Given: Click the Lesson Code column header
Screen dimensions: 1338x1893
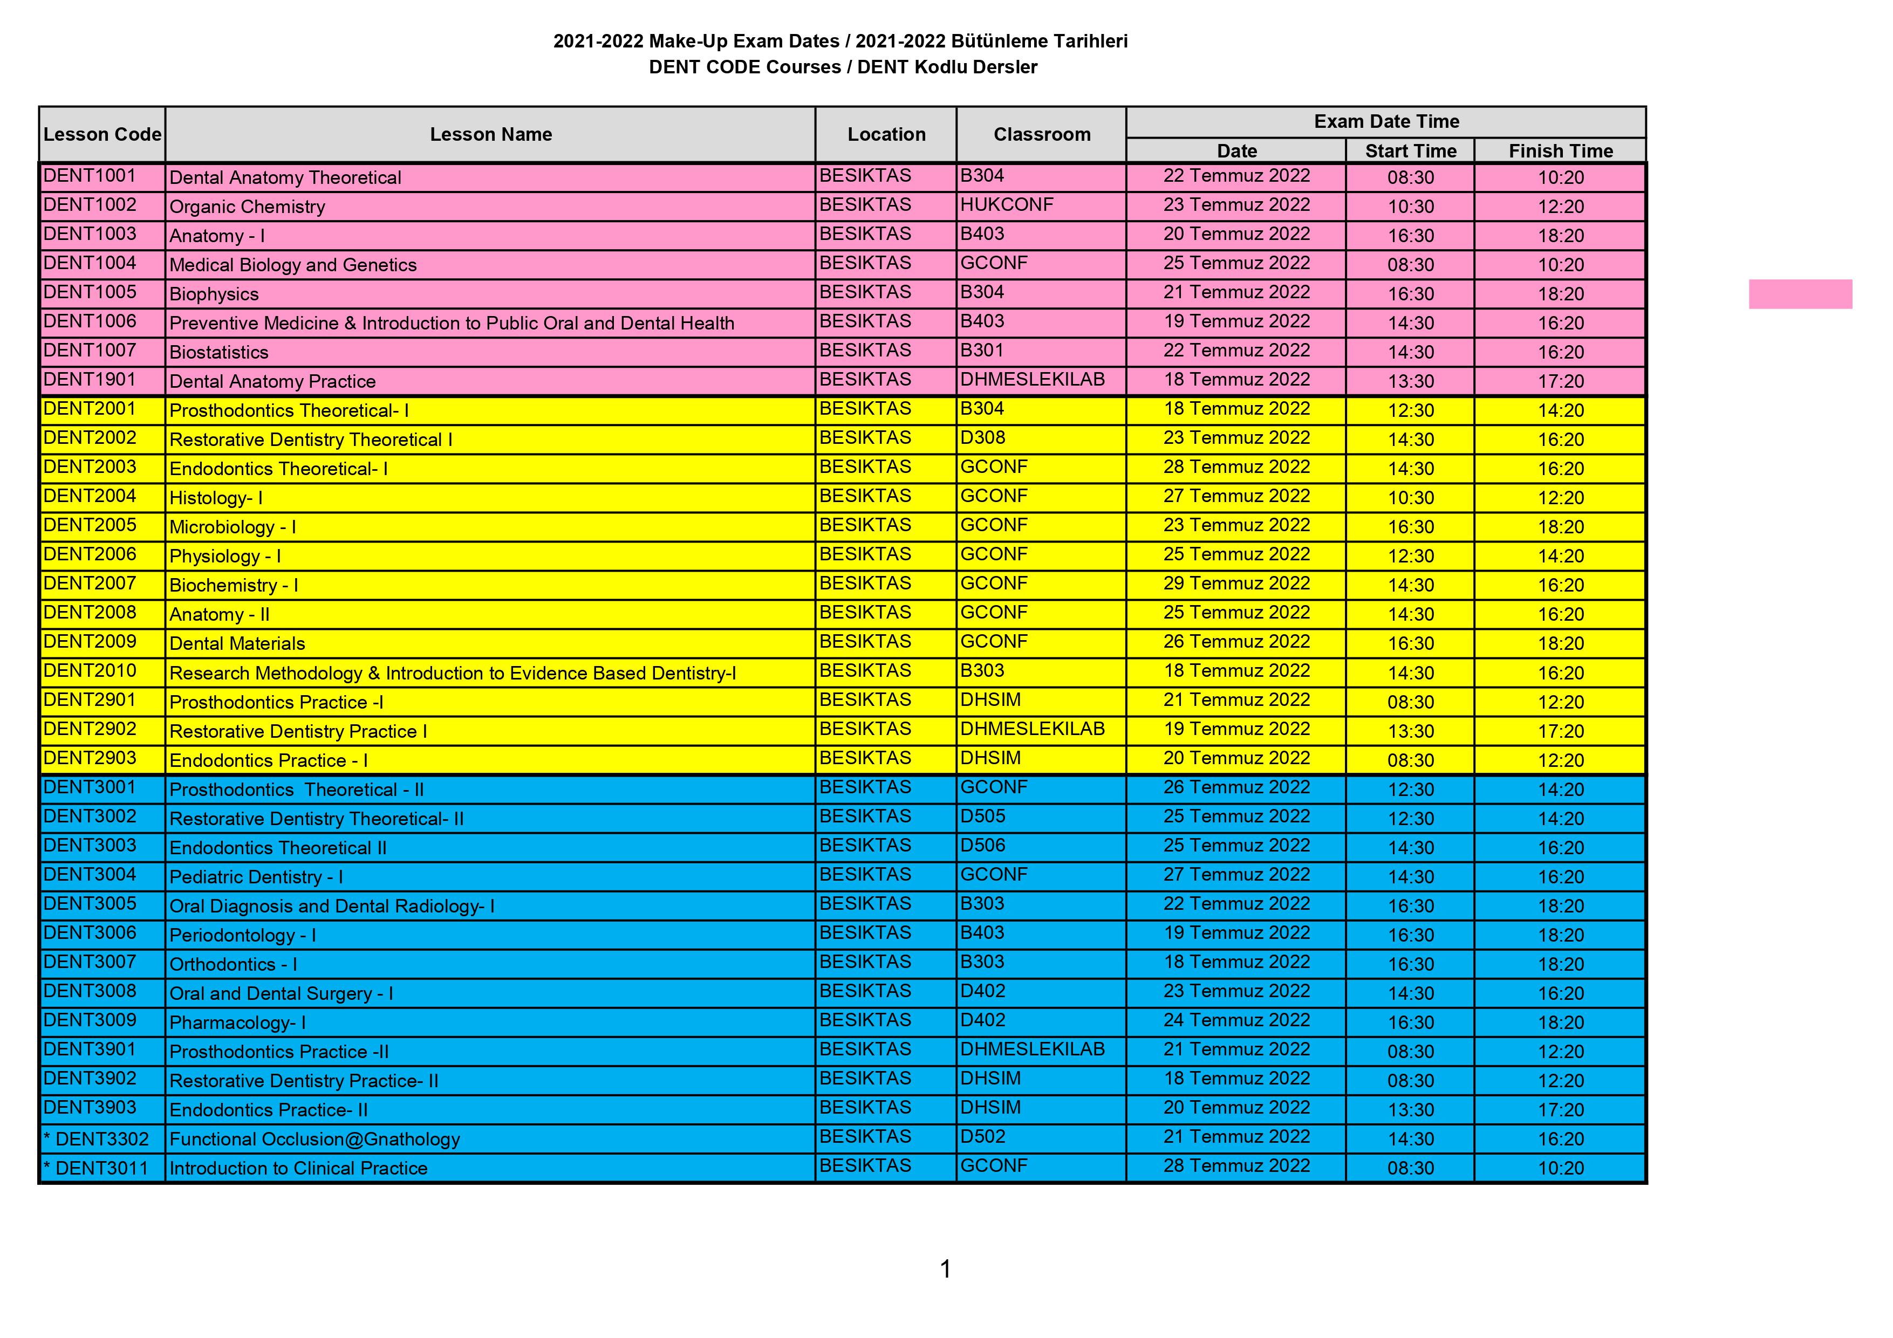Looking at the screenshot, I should pos(102,134).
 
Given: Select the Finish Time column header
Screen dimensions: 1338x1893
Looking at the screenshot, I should pos(1560,151).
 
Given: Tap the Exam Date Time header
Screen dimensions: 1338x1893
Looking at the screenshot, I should pos(1386,122).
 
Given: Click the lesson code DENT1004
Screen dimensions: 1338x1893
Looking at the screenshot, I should pos(90,264).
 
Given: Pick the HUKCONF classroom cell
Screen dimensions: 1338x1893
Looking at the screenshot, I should pos(1007,205).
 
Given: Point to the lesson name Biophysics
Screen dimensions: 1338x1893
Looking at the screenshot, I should pos(214,294).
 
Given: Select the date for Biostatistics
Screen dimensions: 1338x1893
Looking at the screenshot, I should pos(1236,351).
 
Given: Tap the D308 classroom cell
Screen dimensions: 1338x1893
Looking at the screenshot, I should pos(983,438).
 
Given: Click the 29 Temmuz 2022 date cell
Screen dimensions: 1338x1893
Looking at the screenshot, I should pos(1236,584).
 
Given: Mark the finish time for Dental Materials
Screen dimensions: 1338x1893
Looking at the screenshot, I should pos(1560,643).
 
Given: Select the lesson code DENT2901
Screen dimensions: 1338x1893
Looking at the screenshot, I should pos(90,701).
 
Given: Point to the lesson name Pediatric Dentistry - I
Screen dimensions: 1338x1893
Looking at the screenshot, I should pos(256,877).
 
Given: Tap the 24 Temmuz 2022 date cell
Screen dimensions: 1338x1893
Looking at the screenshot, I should pos(1236,1020).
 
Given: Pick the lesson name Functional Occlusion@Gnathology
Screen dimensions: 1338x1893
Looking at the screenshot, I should pos(314,1140).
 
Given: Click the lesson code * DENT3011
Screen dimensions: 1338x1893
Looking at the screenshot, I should pos(97,1168).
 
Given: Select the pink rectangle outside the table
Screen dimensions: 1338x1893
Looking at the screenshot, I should pos(1800,294).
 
